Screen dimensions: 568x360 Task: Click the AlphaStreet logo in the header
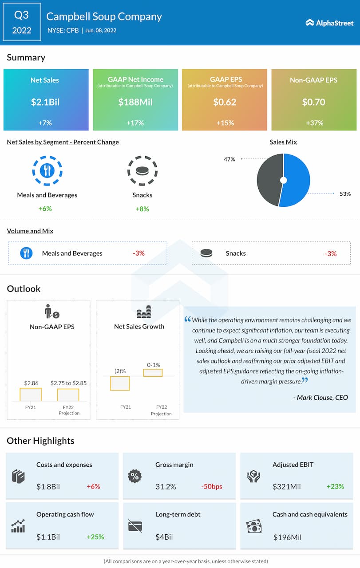[329, 23]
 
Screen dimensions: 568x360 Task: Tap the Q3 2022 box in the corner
[21, 22]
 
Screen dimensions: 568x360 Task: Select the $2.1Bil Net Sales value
[45, 102]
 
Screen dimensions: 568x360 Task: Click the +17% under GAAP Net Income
[135, 123]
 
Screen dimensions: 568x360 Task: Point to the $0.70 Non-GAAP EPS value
[313, 102]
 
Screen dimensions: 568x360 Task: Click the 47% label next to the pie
[229, 159]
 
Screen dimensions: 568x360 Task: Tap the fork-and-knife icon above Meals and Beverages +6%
[47, 170]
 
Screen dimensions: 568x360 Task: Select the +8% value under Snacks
[142, 209]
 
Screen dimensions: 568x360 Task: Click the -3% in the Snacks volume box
[331, 253]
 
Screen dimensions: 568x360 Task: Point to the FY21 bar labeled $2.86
[31, 394]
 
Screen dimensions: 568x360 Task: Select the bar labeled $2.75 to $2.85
[68, 395]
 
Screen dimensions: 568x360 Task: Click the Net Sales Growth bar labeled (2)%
[120, 383]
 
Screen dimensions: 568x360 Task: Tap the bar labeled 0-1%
[153, 373]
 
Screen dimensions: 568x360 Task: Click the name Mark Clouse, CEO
[320, 398]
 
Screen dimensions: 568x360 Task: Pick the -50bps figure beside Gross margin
[211, 486]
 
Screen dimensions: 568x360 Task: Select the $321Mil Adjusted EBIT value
[286, 486]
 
